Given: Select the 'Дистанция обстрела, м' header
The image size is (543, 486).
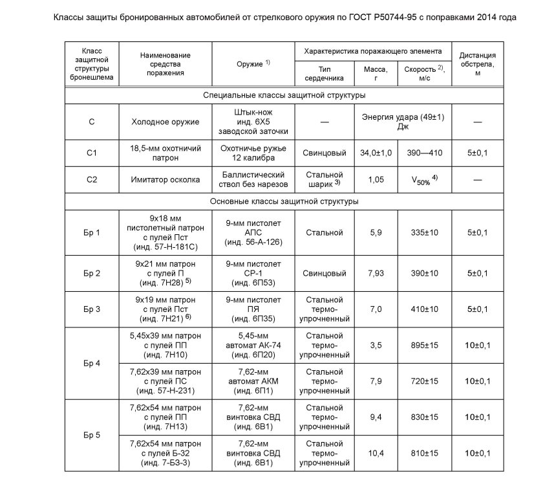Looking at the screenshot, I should pos(480,64).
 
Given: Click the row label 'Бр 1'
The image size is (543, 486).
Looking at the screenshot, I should pos(92,232).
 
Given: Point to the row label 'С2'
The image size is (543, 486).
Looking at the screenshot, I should pos(92,181).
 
